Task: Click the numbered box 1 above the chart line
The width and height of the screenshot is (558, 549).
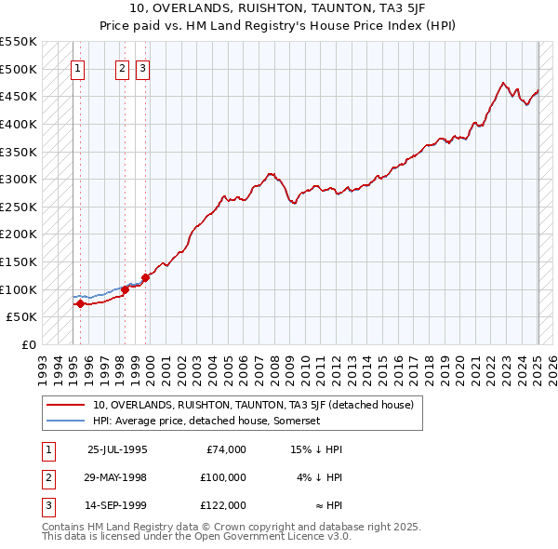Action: coord(78,67)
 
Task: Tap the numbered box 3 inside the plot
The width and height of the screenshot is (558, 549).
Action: coord(142,67)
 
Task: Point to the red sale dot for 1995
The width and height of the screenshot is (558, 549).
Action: coord(80,303)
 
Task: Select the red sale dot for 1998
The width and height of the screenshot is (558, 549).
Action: coord(125,289)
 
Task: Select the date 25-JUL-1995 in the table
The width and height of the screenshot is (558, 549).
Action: coord(117,449)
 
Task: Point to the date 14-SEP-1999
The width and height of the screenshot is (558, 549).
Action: coord(117,505)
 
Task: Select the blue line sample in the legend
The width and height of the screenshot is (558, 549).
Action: coord(66,421)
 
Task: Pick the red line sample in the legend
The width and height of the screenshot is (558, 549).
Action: coord(66,405)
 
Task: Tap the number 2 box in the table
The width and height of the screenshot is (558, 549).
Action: coord(46,477)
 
